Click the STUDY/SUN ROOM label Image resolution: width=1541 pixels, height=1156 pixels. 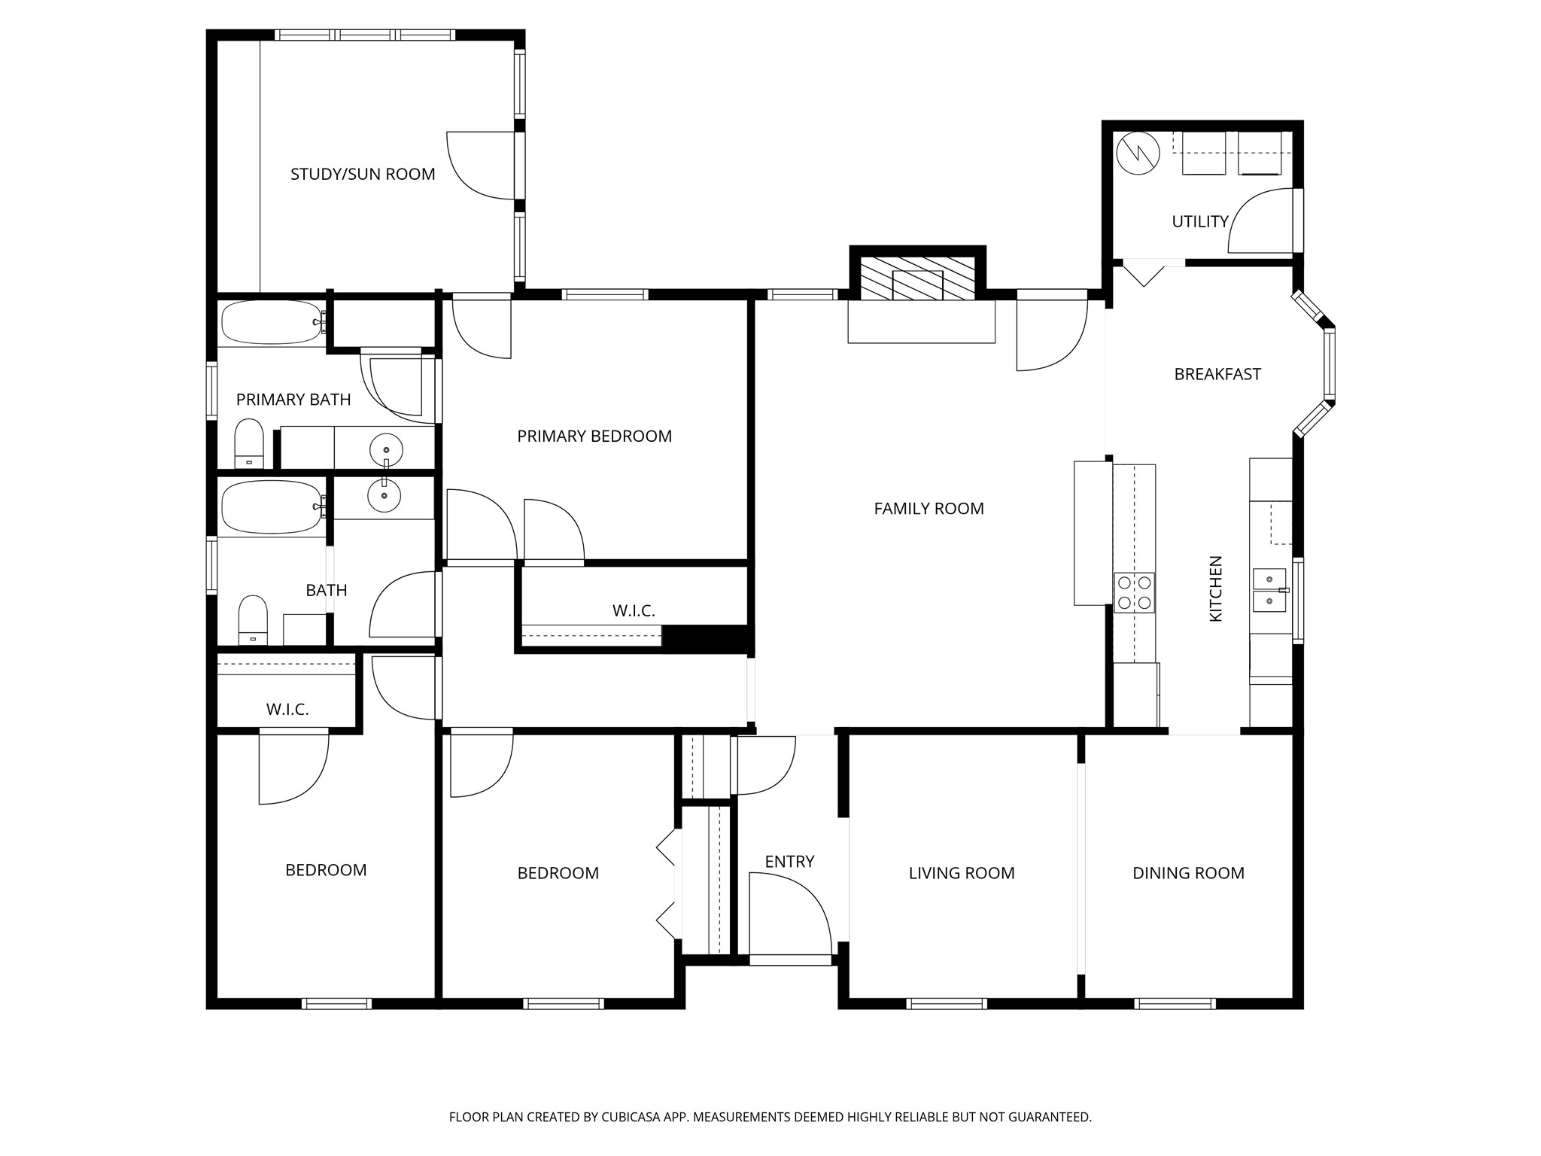pyautogui.click(x=363, y=175)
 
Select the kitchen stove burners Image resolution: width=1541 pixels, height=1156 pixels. pyautogui.click(x=1134, y=592)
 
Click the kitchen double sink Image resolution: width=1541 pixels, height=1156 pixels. pyautogui.click(x=1269, y=590)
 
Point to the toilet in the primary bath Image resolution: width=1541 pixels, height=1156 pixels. pyautogui.click(x=249, y=444)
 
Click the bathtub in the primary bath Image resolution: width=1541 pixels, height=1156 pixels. pyautogui.click(x=272, y=323)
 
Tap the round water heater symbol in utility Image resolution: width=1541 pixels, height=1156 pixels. pyautogui.click(x=1138, y=154)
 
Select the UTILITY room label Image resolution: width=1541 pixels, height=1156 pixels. pyautogui.click(x=1199, y=222)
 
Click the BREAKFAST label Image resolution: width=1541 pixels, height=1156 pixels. pyautogui.click(x=1217, y=374)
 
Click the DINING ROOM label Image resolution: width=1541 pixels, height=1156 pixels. pyautogui.click(x=1188, y=873)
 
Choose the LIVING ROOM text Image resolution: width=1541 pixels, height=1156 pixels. pyautogui.click(x=961, y=873)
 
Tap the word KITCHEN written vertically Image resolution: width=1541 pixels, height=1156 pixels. pyautogui.click(x=1215, y=589)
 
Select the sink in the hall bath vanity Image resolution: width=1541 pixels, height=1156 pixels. pyautogui.click(x=384, y=496)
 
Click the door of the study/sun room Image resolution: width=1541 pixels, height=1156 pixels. pyautogui.click(x=480, y=166)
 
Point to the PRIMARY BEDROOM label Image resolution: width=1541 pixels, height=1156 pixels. pyautogui.click(x=594, y=437)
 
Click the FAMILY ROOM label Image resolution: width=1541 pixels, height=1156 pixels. pyautogui.click(x=929, y=509)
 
